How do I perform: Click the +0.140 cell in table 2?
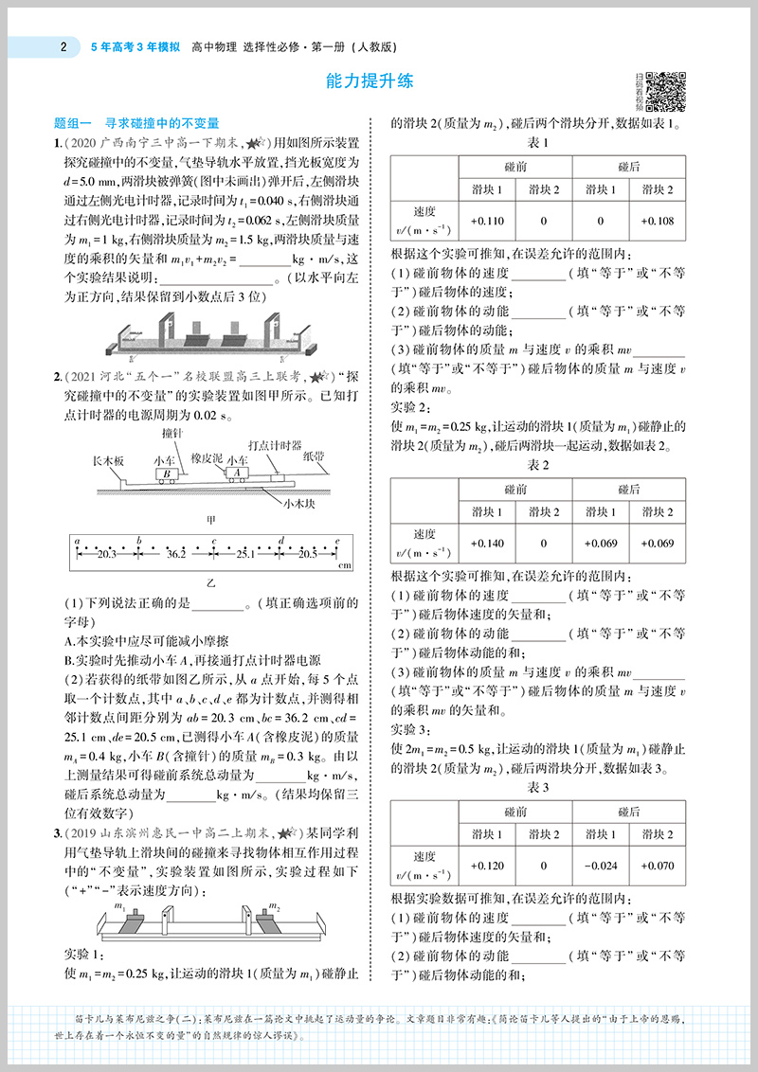(487, 543)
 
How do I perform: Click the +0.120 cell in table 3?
(487, 866)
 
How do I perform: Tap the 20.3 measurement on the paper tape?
(105, 552)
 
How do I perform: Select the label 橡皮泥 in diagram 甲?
(206, 458)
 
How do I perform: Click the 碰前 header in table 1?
(515, 166)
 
